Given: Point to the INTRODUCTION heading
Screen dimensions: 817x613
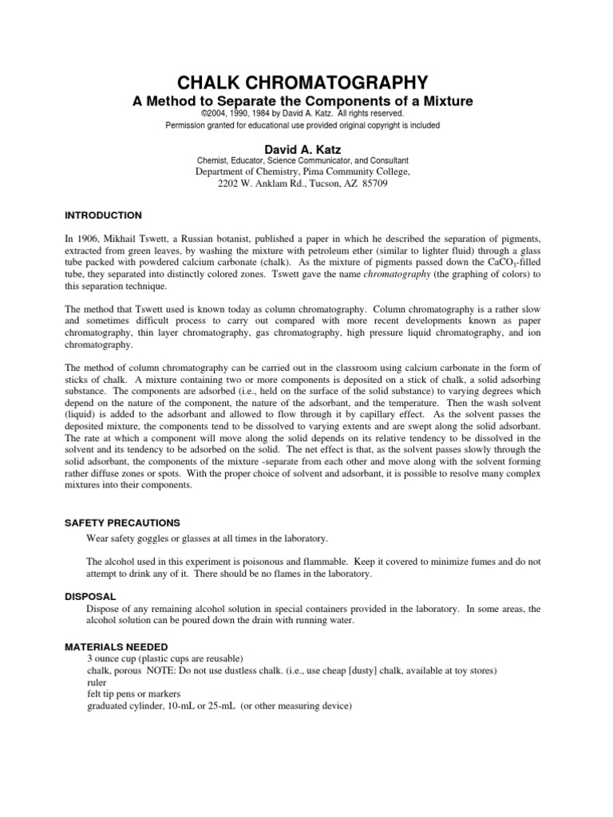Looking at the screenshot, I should pyautogui.click(x=103, y=215).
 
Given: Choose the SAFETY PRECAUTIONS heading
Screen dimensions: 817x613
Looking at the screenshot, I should pyautogui.click(x=122, y=523).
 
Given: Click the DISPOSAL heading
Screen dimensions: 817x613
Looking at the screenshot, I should pyautogui.click(x=90, y=596).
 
